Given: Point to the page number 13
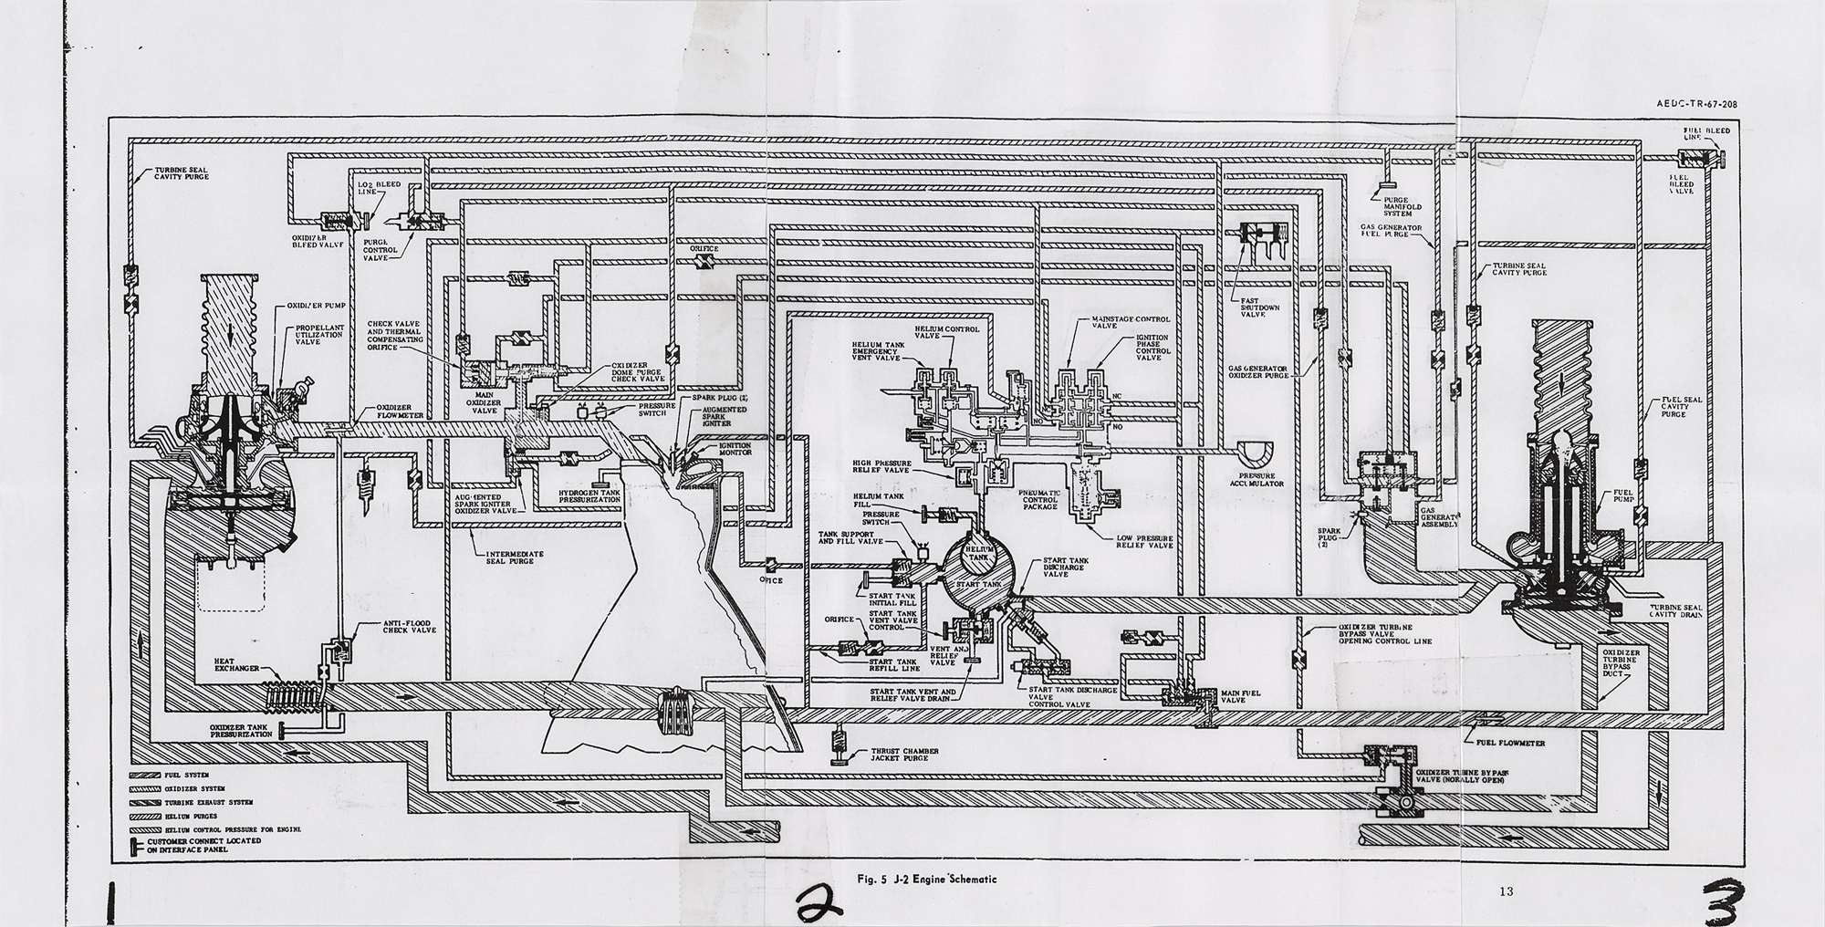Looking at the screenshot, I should click(1506, 891).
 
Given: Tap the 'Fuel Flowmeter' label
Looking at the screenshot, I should click(1508, 743).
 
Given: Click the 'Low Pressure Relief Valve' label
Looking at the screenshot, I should click(1144, 542).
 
